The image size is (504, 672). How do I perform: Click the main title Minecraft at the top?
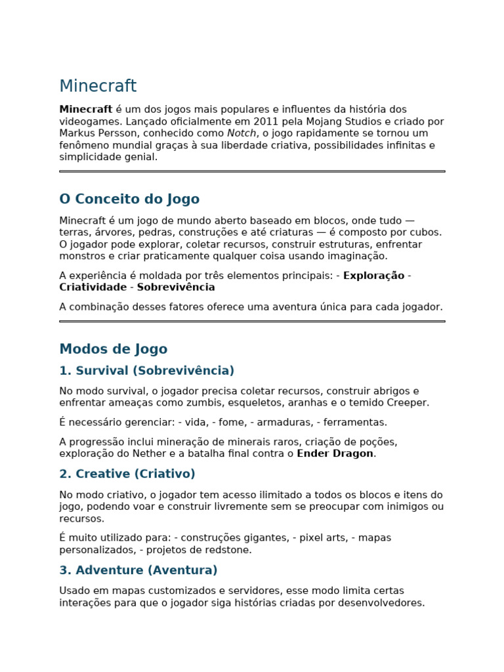point(98,87)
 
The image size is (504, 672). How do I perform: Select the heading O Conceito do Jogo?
point(129,199)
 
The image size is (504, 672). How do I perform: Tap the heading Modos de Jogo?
point(113,349)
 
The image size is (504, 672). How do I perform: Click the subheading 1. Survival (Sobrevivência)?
point(146,371)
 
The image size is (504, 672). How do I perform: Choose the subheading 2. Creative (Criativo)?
point(127,474)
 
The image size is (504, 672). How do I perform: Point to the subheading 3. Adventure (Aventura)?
point(138,570)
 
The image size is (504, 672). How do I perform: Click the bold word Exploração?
point(373,276)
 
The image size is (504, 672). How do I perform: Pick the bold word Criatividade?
point(93,287)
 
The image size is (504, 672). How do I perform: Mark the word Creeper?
point(407,403)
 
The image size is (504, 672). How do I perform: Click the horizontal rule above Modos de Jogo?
point(252,321)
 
